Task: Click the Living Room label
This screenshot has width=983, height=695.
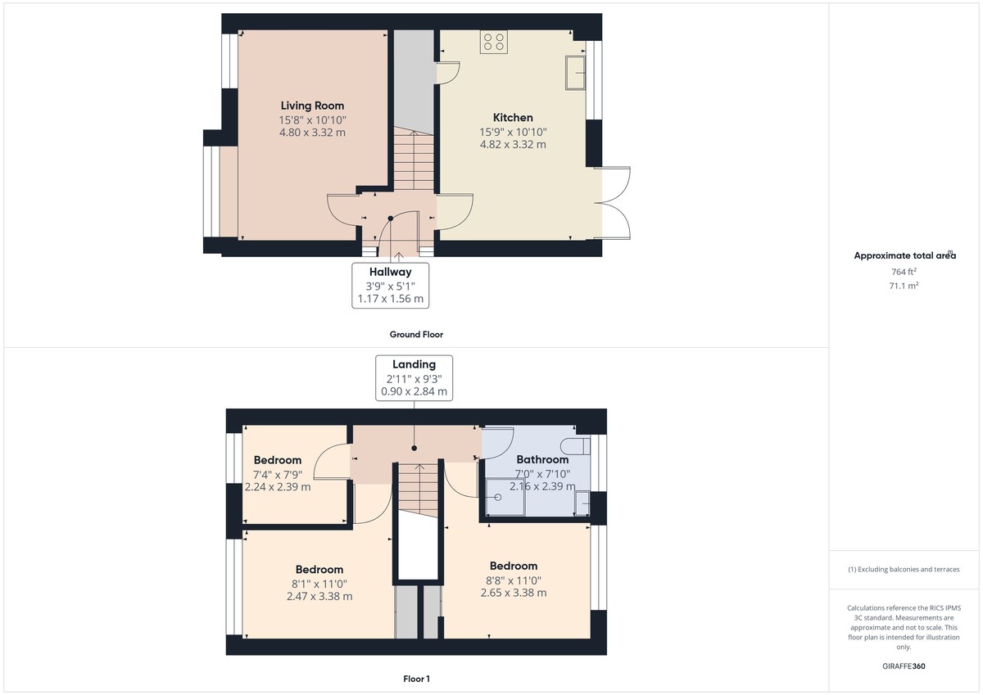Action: pyautogui.click(x=312, y=106)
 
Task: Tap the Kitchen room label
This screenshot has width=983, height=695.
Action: pyautogui.click(x=513, y=118)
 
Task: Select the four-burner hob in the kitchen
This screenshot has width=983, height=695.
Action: pyautogui.click(x=494, y=42)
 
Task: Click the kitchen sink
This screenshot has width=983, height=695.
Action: pyautogui.click(x=574, y=73)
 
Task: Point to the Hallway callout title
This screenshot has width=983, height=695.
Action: pyautogui.click(x=390, y=272)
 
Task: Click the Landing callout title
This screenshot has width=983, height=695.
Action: pyautogui.click(x=414, y=364)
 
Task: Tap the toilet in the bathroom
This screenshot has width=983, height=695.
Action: pyautogui.click(x=576, y=445)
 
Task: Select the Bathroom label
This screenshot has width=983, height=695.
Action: pyautogui.click(x=542, y=460)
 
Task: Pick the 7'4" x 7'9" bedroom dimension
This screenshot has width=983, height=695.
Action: pyautogui.click(x=278, y=473)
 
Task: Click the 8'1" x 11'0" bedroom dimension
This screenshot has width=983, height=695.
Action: pyautogui.click(x=319, y=583)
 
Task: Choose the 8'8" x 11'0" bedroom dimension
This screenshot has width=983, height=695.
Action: pyautogui.click(x=514, y=580)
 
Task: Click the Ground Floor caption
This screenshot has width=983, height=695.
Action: pyautogui.click(x=416, y=335)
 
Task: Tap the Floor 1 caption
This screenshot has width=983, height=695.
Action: pyautogui.click(x=416, y=679)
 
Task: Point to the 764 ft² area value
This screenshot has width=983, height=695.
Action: pyautogui.click(x=904, y=271)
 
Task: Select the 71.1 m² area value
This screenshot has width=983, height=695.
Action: pyautogui.click(x=904, y=286)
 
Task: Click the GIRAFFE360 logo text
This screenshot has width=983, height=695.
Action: pyautogui.click(x=904, y=666)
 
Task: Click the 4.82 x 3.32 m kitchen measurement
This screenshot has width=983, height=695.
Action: pyautogui.click(x=513, y=145)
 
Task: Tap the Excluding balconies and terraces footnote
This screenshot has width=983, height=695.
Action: pyautogui.click(x=904, y=569)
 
